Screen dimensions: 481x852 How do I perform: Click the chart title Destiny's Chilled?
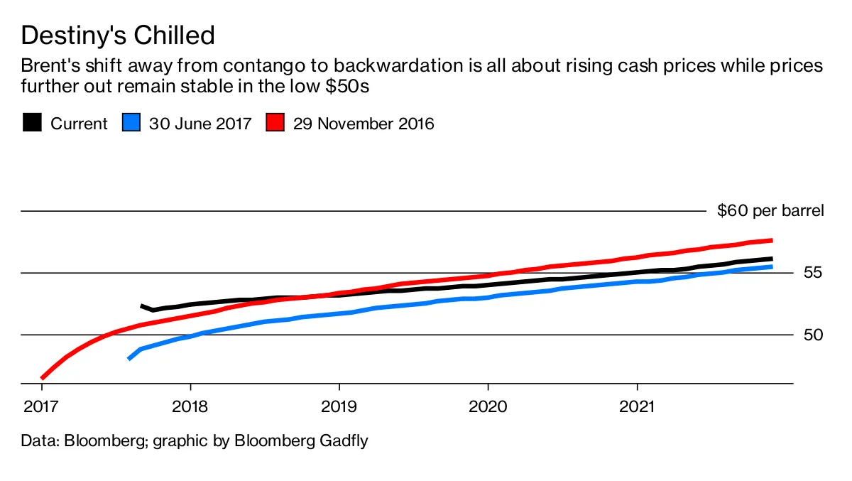pos(117,35)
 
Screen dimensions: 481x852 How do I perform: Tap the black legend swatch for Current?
pos(31,123)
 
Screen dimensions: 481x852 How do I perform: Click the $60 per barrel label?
pos(770,211)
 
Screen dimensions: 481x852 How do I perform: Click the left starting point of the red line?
pos(43,378)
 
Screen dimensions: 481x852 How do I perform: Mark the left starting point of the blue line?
pos(129,359)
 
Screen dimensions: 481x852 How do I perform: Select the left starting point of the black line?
pos(142,306)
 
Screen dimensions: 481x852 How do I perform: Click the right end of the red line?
pos(771,240)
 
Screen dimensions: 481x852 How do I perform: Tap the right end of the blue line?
pos(771,266)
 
